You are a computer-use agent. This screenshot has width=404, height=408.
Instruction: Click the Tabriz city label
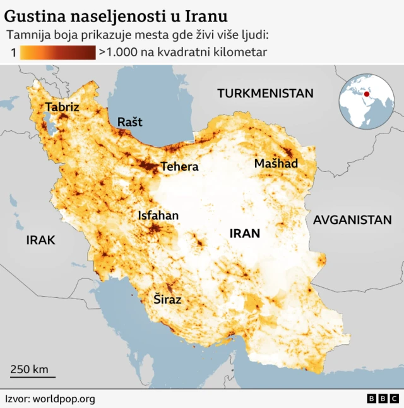tap(62, 107)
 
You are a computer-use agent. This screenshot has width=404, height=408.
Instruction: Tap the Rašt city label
tap(130, 121)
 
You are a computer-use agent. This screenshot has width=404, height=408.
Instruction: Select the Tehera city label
tap(179, 167)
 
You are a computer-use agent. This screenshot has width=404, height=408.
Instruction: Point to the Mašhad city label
tap(276, 164)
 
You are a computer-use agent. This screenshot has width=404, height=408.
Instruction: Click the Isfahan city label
tap(158, 216)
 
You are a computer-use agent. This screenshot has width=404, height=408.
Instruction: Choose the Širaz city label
tap(167, 300)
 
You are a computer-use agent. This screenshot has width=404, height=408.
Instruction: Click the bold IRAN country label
tap(244, 233)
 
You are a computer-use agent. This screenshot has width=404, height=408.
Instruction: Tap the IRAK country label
tap(40, 240)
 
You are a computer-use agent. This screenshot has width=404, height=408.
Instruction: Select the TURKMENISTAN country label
tap(265, 94)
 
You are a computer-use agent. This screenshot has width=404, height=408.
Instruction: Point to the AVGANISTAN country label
tap(352, 220)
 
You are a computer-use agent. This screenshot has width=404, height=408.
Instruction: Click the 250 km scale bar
tap(32, 377)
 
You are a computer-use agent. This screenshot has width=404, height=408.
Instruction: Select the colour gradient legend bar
tap(58, 53)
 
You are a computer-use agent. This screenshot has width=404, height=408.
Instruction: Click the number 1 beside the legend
tap(13, 53)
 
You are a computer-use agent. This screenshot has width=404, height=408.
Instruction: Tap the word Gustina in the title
tap(33, 15)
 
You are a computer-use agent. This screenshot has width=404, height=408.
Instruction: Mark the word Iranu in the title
tap(206, 15)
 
